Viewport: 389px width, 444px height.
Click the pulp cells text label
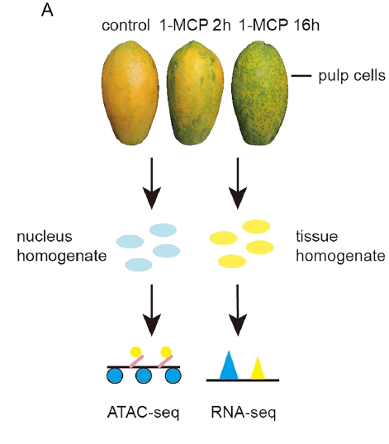[x=352, y=78]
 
